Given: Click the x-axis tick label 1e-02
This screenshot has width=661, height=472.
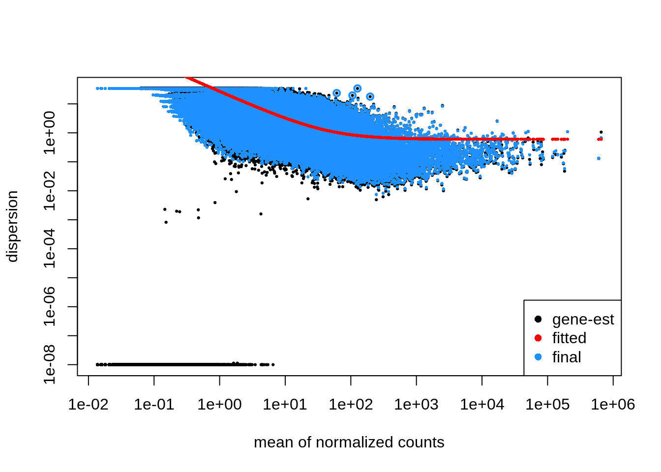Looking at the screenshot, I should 89,405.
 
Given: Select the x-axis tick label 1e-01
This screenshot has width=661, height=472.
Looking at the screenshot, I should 154,405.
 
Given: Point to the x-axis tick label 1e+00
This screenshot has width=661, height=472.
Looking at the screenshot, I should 219,405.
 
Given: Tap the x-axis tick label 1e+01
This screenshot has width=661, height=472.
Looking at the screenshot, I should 285,405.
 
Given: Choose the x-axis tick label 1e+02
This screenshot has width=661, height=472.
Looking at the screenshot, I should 351,405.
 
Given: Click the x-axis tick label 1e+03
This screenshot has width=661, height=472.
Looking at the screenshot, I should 416,405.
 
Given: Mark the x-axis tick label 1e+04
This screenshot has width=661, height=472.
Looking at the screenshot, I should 482,405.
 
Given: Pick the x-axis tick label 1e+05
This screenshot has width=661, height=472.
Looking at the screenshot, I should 547,405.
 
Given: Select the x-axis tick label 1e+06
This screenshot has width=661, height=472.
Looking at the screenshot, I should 613,405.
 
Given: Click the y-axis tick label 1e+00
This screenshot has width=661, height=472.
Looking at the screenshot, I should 50,133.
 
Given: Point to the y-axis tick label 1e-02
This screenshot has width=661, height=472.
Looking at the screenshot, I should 50,191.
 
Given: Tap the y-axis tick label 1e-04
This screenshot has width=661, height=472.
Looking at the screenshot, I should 50,249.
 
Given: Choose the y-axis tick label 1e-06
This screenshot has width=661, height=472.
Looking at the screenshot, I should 50,307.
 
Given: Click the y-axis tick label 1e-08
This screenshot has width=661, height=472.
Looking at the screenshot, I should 50,364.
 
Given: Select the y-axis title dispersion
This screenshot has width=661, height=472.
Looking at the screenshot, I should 12,226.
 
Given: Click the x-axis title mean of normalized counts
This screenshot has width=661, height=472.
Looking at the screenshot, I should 349,442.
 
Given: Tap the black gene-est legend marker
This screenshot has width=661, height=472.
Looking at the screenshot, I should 538,319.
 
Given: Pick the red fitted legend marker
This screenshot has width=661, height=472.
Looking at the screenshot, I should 538,338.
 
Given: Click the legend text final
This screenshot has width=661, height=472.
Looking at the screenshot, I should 567,357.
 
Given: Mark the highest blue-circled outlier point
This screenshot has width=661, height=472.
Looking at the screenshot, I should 358,88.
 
